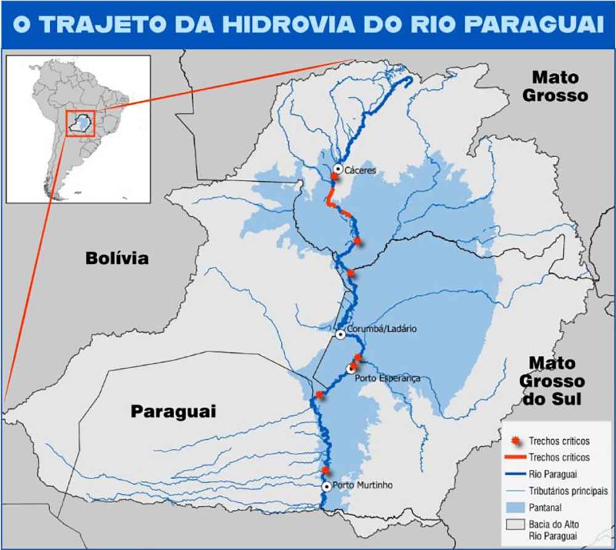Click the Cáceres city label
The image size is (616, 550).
pyautogui.click(x=360, y=170)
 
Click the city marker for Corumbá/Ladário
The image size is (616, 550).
pyautogui.click(x=341, y=334)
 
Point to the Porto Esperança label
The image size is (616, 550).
pyautogui.click(x=388, y=378)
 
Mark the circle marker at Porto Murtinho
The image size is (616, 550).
pyautogui.click(x=326, y=486)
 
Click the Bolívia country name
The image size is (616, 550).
pyautogui.click(x=116, y=258)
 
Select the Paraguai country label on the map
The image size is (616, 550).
pyautogui.click(x=173, y=411)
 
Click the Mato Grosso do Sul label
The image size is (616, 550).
pyautogui.click(x=551, y=380)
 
